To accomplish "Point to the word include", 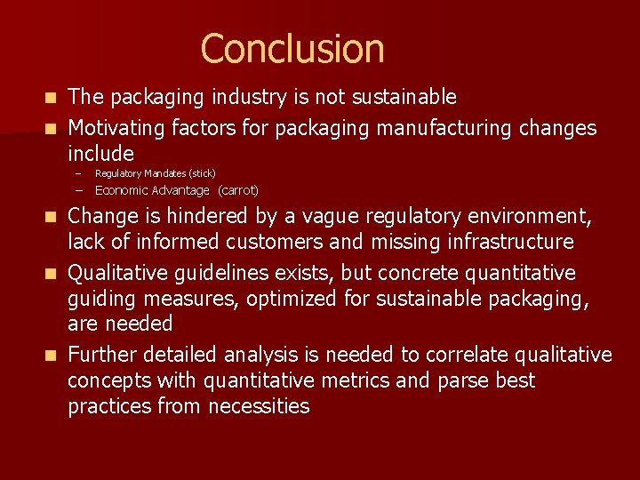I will tap(100, 153).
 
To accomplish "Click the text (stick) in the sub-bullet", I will tap(202, 173).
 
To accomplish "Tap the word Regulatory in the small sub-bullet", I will tap(116, 173).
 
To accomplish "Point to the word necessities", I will tap(260, 406).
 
